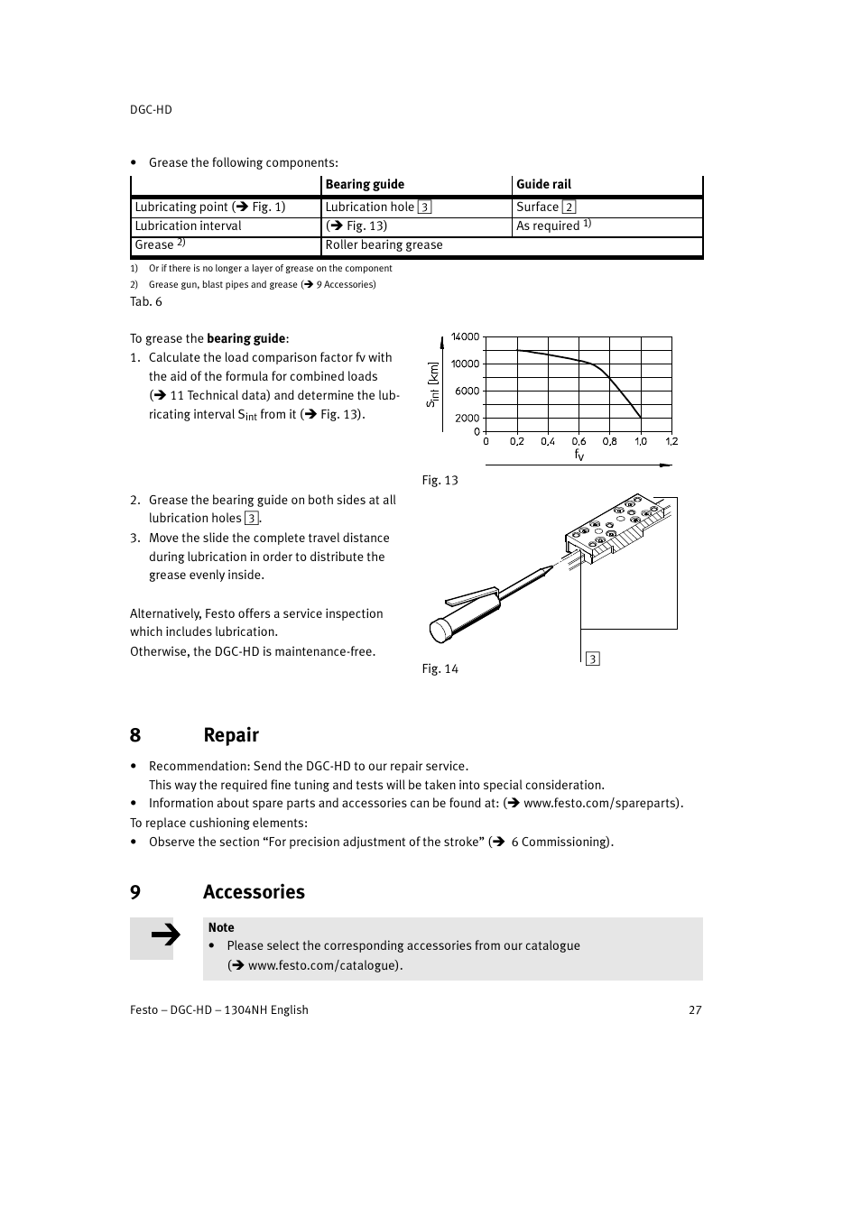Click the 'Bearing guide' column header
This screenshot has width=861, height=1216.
[x=365, y=184]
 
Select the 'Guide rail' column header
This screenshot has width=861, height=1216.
[x=543, y=184]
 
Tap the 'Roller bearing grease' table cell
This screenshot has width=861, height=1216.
[x=384, y=245]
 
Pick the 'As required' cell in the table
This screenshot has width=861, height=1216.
[x=548, y=226]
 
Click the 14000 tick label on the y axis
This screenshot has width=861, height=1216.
[x=465, y=336]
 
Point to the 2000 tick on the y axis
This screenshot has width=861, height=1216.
[x=467, y=418]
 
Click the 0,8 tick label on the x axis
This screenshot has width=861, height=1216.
[x=610, y=441]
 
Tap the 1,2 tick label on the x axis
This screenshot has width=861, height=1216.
[x=671, y=441]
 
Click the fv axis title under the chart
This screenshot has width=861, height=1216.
[x=579, y=455]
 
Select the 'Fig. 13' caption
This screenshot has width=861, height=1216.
[x=440, y=480]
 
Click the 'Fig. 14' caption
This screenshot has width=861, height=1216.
[x=440, y=668]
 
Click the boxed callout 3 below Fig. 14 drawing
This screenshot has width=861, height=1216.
[x=592, y=659]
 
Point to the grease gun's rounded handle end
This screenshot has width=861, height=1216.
[x=440, y=630]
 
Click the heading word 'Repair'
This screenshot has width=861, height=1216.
[x=231, y=734]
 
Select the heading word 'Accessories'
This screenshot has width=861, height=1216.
[x=254, y=891]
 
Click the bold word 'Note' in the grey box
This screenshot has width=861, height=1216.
[x=221, y=927]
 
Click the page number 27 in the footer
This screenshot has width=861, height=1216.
[x=695, y=1009]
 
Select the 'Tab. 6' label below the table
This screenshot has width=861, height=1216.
[x=146, y=301]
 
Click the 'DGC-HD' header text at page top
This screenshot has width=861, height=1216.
[x=151, y=109]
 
